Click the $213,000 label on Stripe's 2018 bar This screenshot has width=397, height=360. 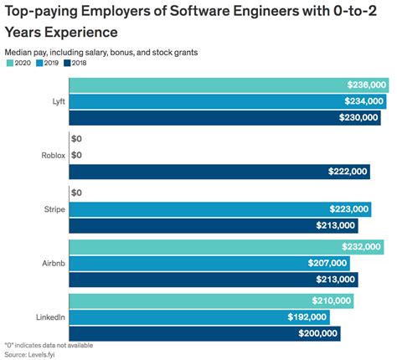[336, 225]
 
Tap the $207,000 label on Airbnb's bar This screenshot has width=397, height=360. [328, 263]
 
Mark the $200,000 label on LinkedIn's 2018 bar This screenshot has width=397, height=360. [318, 333]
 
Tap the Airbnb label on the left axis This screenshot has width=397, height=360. [49, 263]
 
